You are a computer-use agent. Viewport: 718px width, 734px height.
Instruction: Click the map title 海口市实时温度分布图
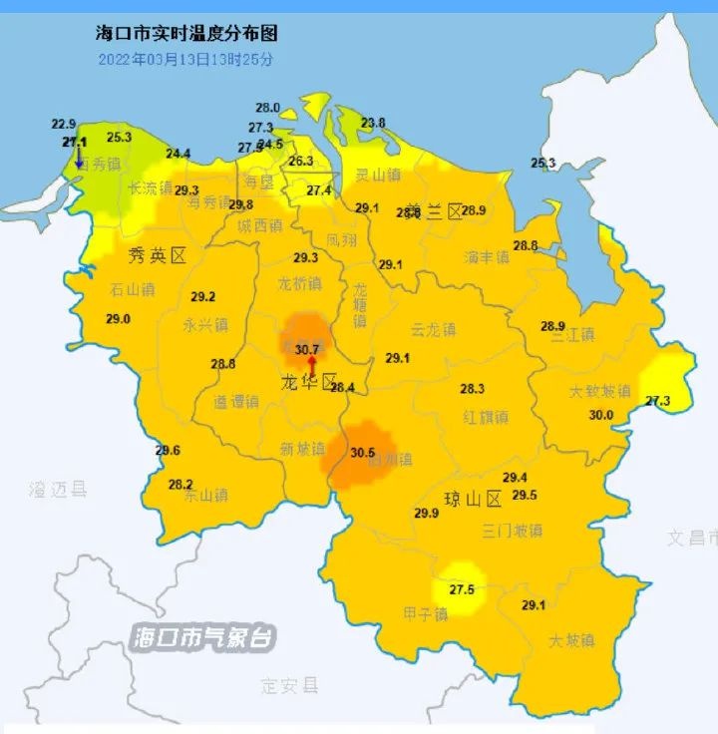[185, 34]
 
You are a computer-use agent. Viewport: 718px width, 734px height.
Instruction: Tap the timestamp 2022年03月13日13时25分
[185, 59]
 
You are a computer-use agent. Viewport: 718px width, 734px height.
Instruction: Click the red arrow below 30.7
[310, 366]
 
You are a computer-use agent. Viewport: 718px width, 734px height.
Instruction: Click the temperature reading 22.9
[64, 124]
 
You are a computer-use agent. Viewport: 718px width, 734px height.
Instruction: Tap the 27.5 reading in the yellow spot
[462, 589]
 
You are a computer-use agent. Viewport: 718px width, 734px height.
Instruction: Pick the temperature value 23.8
[373, 123]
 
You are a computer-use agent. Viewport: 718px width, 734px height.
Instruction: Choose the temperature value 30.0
[601, 415]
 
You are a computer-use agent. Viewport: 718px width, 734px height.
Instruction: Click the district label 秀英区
[158, 256]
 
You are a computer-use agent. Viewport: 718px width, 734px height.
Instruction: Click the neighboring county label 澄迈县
[58, 489]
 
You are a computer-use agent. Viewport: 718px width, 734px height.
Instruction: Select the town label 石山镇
[133, 290]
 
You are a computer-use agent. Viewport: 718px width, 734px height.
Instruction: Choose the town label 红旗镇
[486, 416]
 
